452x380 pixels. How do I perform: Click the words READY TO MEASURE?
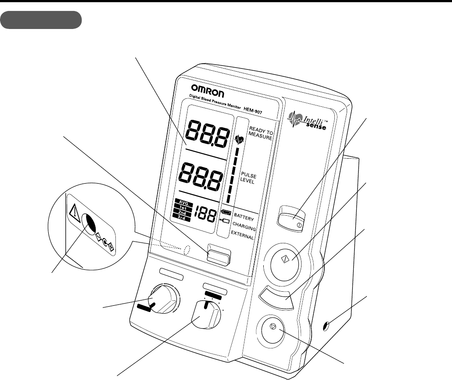coord(261,133)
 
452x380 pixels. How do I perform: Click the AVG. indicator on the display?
coord(183,203)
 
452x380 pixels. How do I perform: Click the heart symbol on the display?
coord(240,140)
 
